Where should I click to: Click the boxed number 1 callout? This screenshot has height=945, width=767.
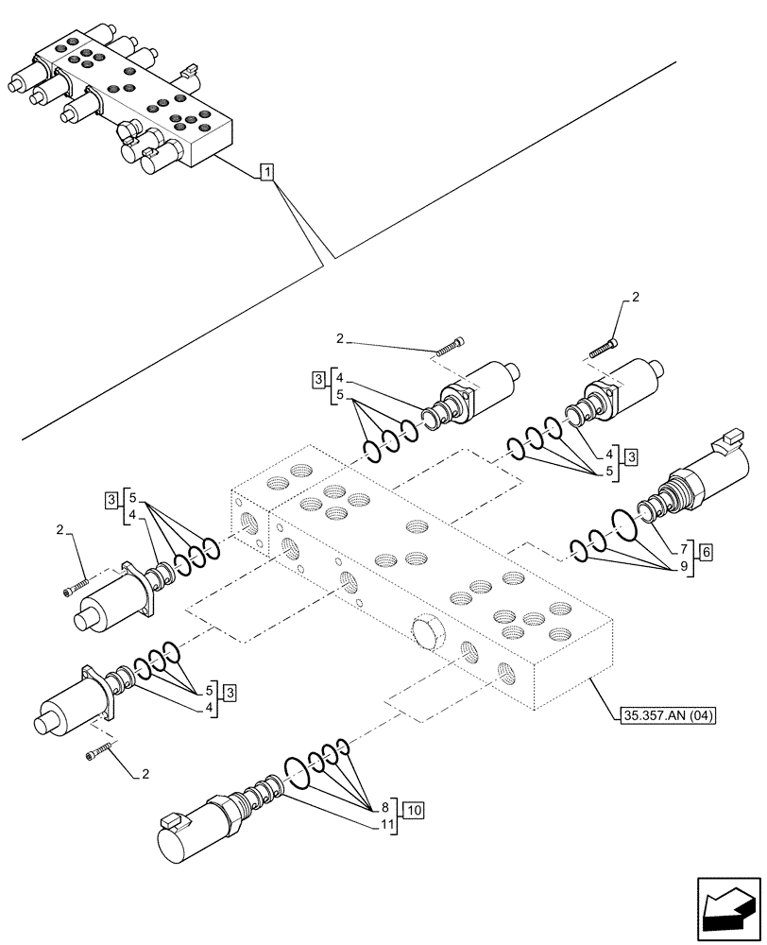tap(267, 172)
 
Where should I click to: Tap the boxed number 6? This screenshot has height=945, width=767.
tap(704, 550)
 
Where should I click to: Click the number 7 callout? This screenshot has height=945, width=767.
tap(683, 550)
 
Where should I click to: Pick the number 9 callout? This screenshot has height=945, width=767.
tap(683, 568)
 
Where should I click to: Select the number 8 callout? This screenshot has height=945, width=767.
tap(385, 808)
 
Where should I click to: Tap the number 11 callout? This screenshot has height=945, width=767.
tap(387, 825)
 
